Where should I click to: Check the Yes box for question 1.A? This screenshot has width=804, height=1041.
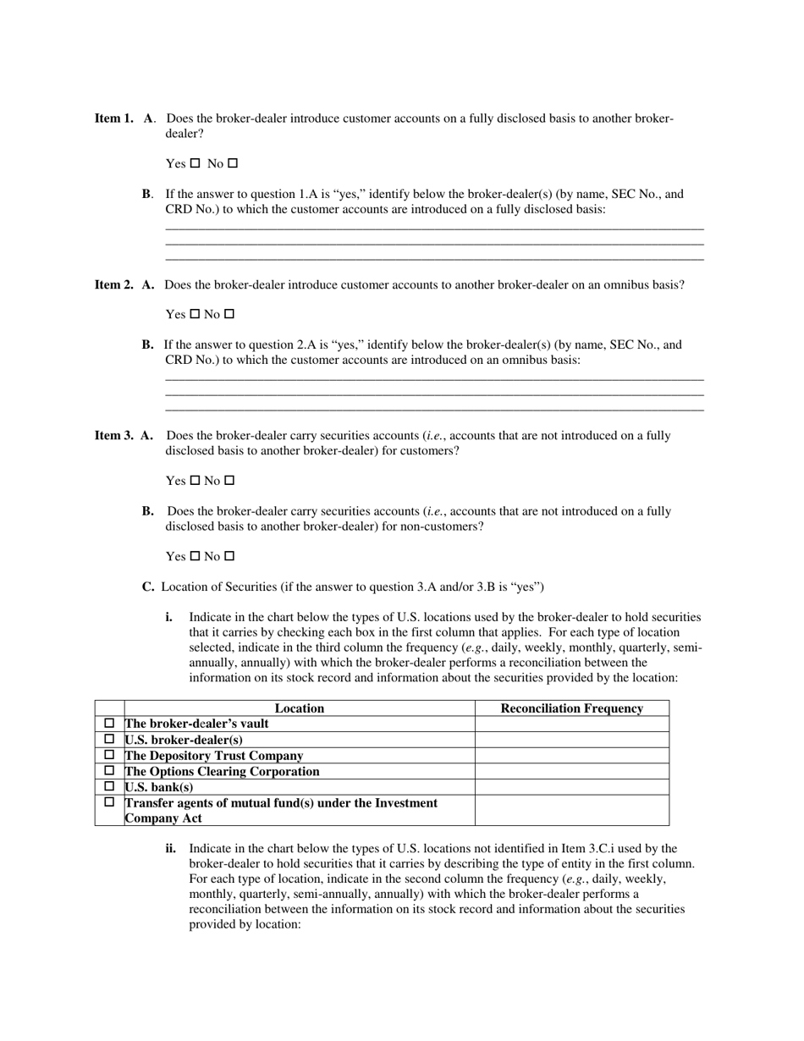pos(195,163)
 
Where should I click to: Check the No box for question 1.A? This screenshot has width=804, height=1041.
pos(234,163)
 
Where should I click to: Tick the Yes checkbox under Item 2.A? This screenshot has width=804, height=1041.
pos(195,314)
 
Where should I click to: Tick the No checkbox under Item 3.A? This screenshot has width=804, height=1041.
pos(229,481)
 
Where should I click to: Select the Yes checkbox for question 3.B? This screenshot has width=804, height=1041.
pos(195,556)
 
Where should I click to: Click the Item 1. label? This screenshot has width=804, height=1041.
pos(113,118)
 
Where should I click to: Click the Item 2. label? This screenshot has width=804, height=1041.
pos(113,284)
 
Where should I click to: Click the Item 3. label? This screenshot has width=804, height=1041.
pos(113,435)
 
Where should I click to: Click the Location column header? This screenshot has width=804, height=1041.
pos(299,708)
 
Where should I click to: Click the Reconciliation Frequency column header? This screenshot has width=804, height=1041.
pos(572,708)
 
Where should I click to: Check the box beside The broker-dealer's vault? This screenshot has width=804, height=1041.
pos(109,724)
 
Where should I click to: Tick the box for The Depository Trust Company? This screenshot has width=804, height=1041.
pos(109,755)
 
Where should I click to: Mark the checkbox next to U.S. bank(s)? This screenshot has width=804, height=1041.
pos(109,786)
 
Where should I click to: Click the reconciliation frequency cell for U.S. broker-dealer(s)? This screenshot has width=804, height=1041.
pos(572,740)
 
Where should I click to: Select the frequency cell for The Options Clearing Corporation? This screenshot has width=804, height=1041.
pos(572,771)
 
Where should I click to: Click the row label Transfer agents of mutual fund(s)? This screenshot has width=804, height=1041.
pos(281,802)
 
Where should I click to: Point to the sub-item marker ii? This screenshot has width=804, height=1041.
pos(171,848)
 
